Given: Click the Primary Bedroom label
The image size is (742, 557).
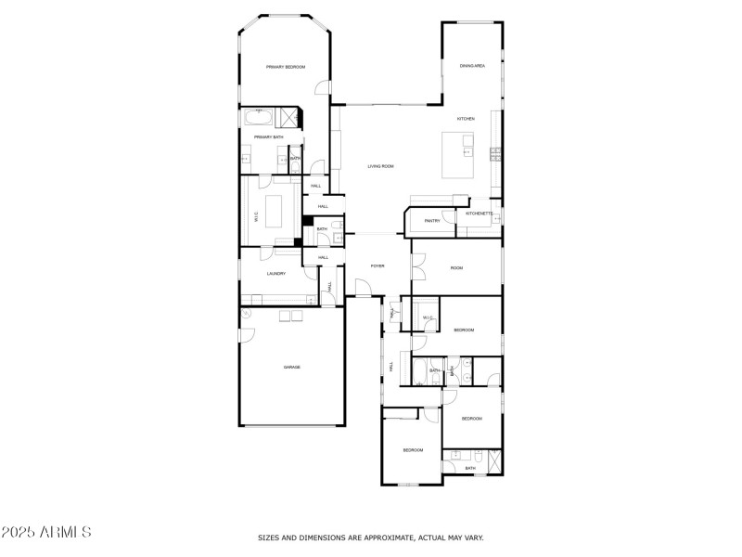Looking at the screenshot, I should [286, 67].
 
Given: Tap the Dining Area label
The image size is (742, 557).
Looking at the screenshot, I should [472, 66].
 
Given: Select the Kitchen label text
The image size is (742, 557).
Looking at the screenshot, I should [466, 119].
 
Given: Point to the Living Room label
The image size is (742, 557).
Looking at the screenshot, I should [380, 166].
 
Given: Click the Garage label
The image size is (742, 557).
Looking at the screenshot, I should [291, 368].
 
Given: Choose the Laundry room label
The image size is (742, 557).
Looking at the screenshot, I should [275, 274].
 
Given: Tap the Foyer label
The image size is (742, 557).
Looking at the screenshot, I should [377, 266].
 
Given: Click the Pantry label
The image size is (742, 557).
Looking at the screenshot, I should [432, 221].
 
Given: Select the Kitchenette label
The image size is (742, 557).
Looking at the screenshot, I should [480, 214].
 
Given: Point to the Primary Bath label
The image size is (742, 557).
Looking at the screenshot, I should [269, 137].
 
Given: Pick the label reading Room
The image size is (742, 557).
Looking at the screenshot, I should [456, 268].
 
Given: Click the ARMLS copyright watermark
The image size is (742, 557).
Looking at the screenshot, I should [46, 533].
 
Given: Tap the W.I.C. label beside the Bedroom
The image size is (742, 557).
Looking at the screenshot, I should [428, 318].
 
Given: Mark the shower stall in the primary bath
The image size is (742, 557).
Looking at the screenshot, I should [291, 117].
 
